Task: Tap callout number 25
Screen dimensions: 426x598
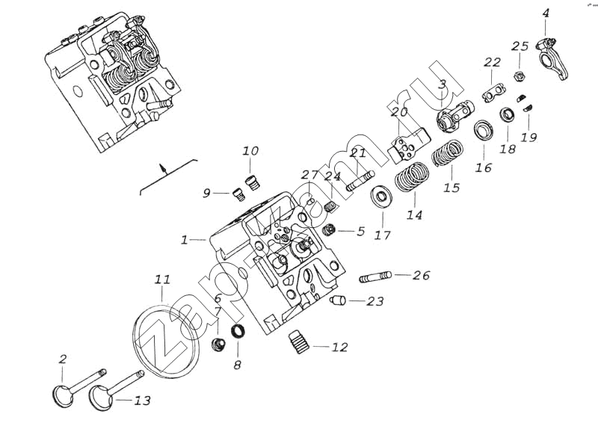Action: tap(520, 46)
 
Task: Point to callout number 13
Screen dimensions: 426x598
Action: tap(143, 401)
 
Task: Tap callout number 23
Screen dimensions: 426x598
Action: tap(374, 301)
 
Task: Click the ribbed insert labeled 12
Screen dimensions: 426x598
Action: tap(299, 345)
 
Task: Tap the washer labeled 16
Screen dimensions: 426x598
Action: tap(484, 129)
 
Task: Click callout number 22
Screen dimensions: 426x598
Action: tap(492, 62)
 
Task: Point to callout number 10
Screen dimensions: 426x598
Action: tap(250, 151)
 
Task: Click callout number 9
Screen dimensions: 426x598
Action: tap(206, 194)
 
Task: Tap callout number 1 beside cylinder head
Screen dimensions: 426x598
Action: tap(184, 241)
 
